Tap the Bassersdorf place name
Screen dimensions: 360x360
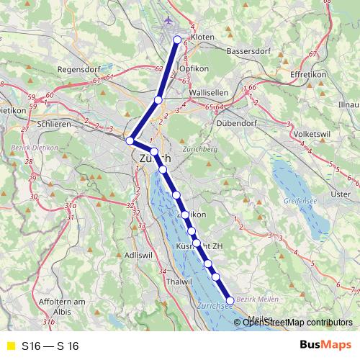(x=247, y=52)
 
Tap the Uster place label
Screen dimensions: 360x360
(x=338, y=194)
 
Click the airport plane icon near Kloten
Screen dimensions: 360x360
(x=169, y=19)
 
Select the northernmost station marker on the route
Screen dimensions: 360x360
(x=178, y=40)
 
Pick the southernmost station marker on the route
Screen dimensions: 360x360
(x=230, y=301)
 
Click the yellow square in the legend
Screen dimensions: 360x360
(x=10, y=346)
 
